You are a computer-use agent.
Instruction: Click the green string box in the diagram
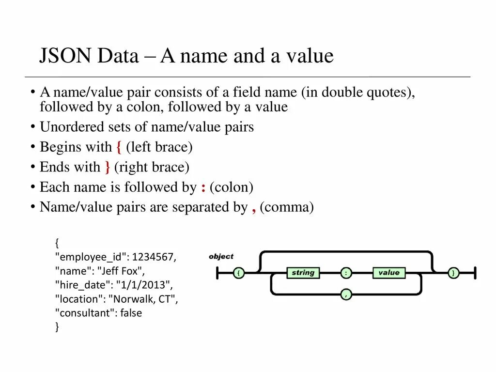303,273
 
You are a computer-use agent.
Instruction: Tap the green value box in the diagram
388,273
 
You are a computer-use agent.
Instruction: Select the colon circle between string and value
346,273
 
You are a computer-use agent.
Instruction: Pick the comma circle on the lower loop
346,294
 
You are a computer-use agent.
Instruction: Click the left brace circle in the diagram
238,273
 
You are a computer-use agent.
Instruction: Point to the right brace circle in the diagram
453,273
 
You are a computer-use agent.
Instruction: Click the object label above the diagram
221,256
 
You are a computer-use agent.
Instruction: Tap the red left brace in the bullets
119,147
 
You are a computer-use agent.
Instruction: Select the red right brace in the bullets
107,168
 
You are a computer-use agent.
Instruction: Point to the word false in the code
131,313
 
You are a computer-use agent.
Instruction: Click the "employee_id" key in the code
92,257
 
